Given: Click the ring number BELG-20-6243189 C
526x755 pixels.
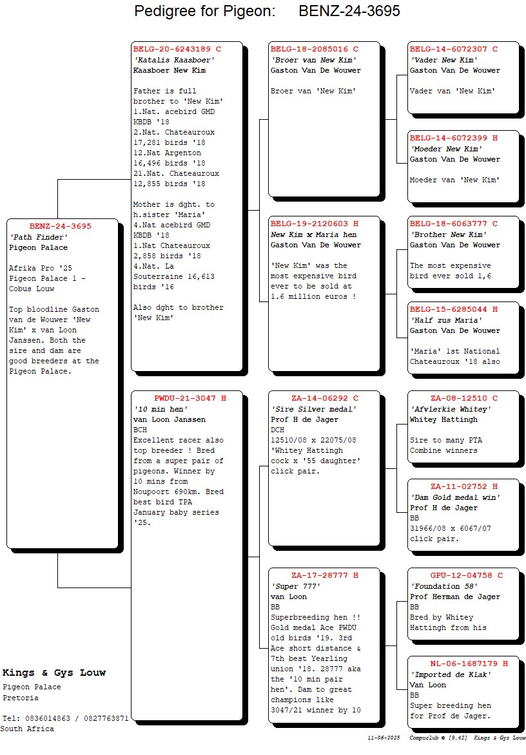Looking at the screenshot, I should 177,49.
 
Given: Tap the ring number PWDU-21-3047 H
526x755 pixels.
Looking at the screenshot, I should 190,398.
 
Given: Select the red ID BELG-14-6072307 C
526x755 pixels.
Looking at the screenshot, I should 453,49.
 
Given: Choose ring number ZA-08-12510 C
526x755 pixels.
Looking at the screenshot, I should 463,398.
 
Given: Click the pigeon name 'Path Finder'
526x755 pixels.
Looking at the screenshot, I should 38,237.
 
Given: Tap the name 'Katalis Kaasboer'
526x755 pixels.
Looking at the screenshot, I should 173,60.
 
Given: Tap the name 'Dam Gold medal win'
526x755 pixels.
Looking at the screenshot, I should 455,497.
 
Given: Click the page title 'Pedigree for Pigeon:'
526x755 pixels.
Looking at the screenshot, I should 205,11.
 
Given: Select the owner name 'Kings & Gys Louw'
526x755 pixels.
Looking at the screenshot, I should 54,673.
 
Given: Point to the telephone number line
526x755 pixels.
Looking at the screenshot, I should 65,718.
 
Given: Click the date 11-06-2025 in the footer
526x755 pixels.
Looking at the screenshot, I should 384,737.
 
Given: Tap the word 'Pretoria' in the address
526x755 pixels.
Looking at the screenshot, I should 21,698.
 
